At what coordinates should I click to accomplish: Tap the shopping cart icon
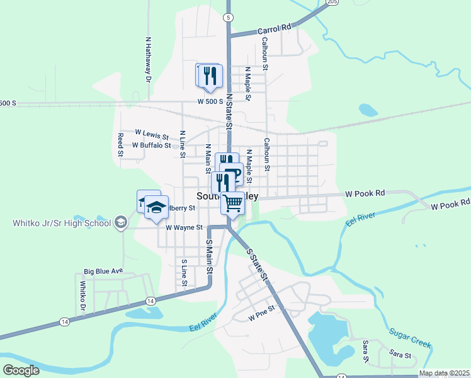tap(232, 203)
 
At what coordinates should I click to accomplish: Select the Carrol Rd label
tap(275, 28)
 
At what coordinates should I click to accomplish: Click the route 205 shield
tap(332, 3)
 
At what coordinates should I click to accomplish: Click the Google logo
tap(21, 370)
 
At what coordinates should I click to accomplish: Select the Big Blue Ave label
tap(103, 272)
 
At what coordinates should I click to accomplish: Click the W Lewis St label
tap(152, 133)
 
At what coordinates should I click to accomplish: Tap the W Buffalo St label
tap(151, 145)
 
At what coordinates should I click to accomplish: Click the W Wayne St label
tap(184, 227)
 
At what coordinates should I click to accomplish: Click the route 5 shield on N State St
tap(227, 18)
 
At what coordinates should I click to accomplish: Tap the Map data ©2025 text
tap(443, 373)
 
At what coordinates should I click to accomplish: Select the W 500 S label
tap(210, 101)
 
